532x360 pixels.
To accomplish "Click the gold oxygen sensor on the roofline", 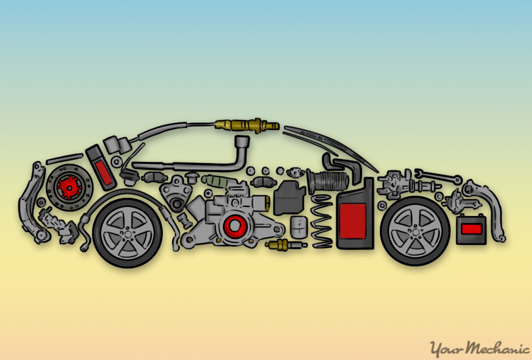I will coord(247,125).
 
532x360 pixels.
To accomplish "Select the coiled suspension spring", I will coord(321,221).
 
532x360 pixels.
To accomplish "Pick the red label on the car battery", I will coord(471,229).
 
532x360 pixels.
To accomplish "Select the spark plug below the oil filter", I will coord(286,245).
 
